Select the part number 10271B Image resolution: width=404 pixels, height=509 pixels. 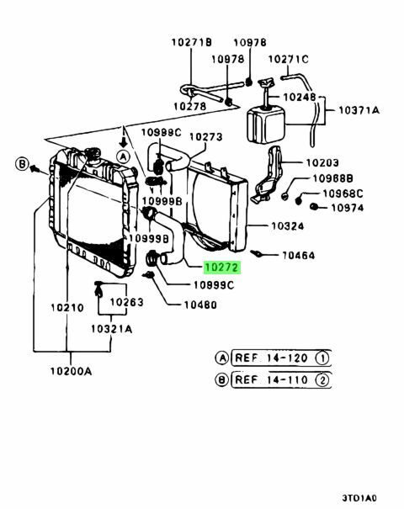pos(192,41)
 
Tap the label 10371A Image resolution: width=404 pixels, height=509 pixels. pos(359,110)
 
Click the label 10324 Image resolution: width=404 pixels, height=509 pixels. pos(288,225)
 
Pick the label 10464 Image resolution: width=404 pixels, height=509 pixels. pos(298,255)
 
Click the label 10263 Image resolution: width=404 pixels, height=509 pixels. pos(126,301)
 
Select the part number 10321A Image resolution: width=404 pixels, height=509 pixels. pos(112,329)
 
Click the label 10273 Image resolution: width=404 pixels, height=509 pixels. pos(205,136)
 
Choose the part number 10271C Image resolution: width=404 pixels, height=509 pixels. pos(289,59)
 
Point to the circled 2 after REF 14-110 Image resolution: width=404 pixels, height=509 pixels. pos(321,379)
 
